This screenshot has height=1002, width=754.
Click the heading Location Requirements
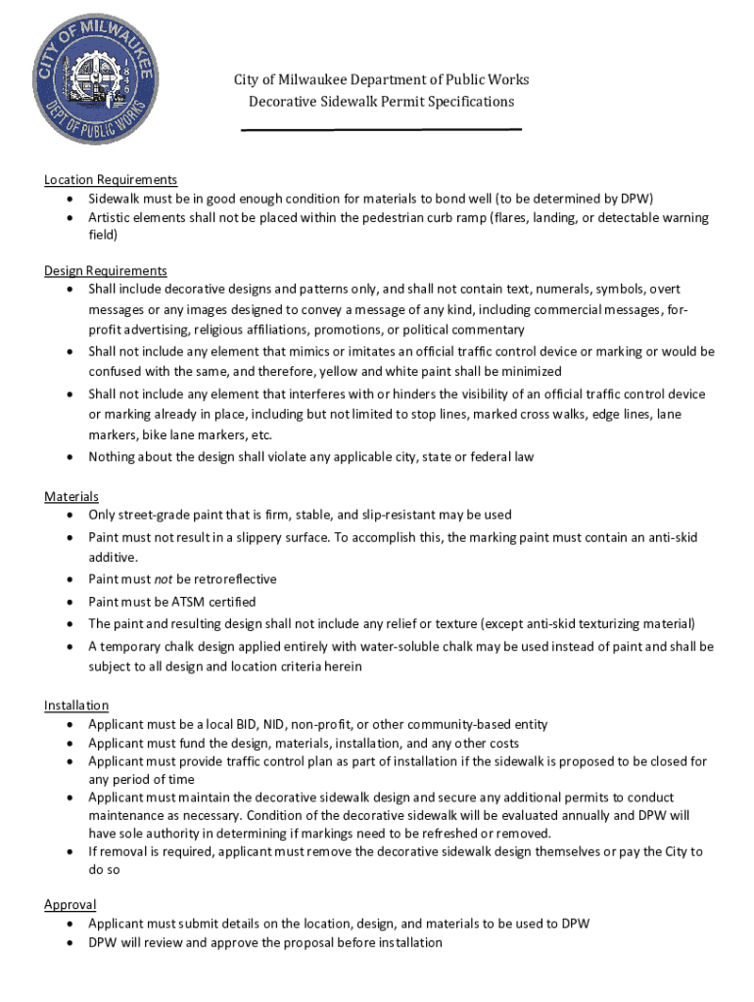(x=111, y=180)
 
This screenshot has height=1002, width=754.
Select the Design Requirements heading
(x=106, y=271)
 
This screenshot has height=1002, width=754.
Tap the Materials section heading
(x=71, y=497)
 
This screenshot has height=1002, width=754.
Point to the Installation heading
(x=76, y=706)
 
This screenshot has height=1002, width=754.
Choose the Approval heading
(x=71, y=905)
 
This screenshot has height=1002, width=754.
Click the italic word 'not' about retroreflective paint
(x=164, y=579)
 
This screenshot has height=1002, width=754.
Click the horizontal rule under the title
(x=381, y=129)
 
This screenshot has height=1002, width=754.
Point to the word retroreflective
(x=227, y=579)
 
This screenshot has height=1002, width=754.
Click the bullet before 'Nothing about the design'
(x=71, y=457)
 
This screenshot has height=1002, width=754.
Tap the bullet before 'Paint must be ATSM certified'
(x=71, y=602)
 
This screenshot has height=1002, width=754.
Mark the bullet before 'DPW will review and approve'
(x=71, y=942)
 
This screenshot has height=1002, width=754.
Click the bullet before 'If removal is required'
(x=71, y=851)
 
